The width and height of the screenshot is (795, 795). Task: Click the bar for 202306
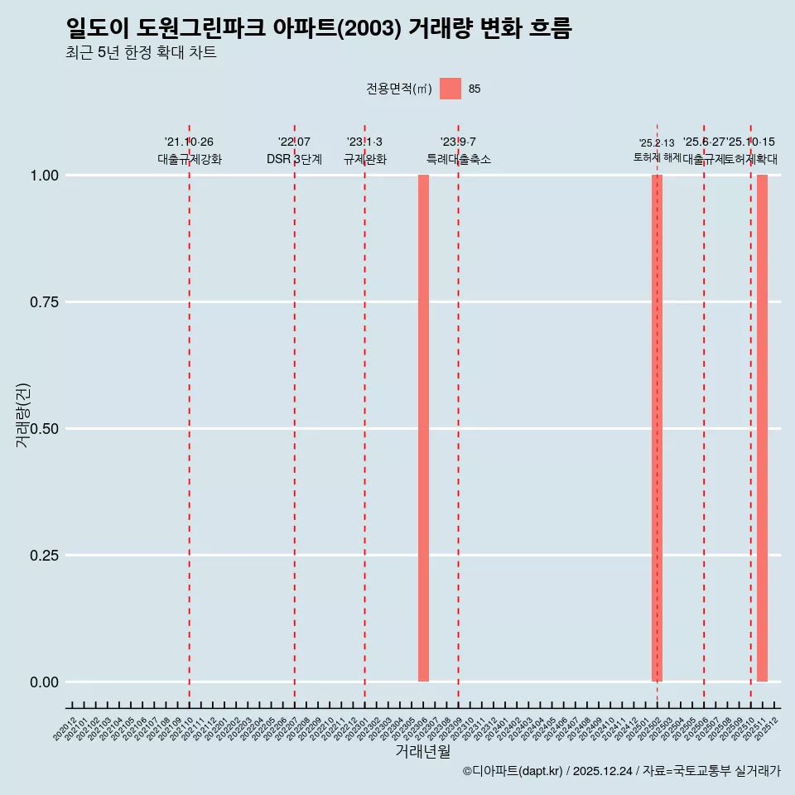click(423, 428)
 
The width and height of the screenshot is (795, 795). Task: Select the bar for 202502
click(657, 428)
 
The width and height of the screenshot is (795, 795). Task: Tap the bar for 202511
click(762, 428)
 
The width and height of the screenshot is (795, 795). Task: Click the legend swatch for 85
click(450, 89)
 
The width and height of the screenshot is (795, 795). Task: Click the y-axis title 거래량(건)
click(23, 416)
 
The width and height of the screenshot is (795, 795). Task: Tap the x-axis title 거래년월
click(423, 752)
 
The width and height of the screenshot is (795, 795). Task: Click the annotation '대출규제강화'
click(190, 159)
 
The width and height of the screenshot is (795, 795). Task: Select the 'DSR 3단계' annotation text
click(294, 159)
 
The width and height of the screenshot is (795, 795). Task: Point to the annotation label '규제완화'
click(365, 159)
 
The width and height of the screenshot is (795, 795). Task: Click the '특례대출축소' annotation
click(459, 159)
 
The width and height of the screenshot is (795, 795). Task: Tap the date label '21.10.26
click(190, 142)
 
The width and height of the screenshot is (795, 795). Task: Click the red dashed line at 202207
click(295, 414)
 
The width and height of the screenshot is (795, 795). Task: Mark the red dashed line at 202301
click(364, 414)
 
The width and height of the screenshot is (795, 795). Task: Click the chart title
click(319, 29)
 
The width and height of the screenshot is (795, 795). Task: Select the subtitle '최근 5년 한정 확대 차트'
click(141, 53)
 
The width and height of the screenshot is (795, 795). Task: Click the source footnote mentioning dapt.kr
click(621, 771)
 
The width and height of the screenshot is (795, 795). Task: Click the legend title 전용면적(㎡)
click(398, 89)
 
